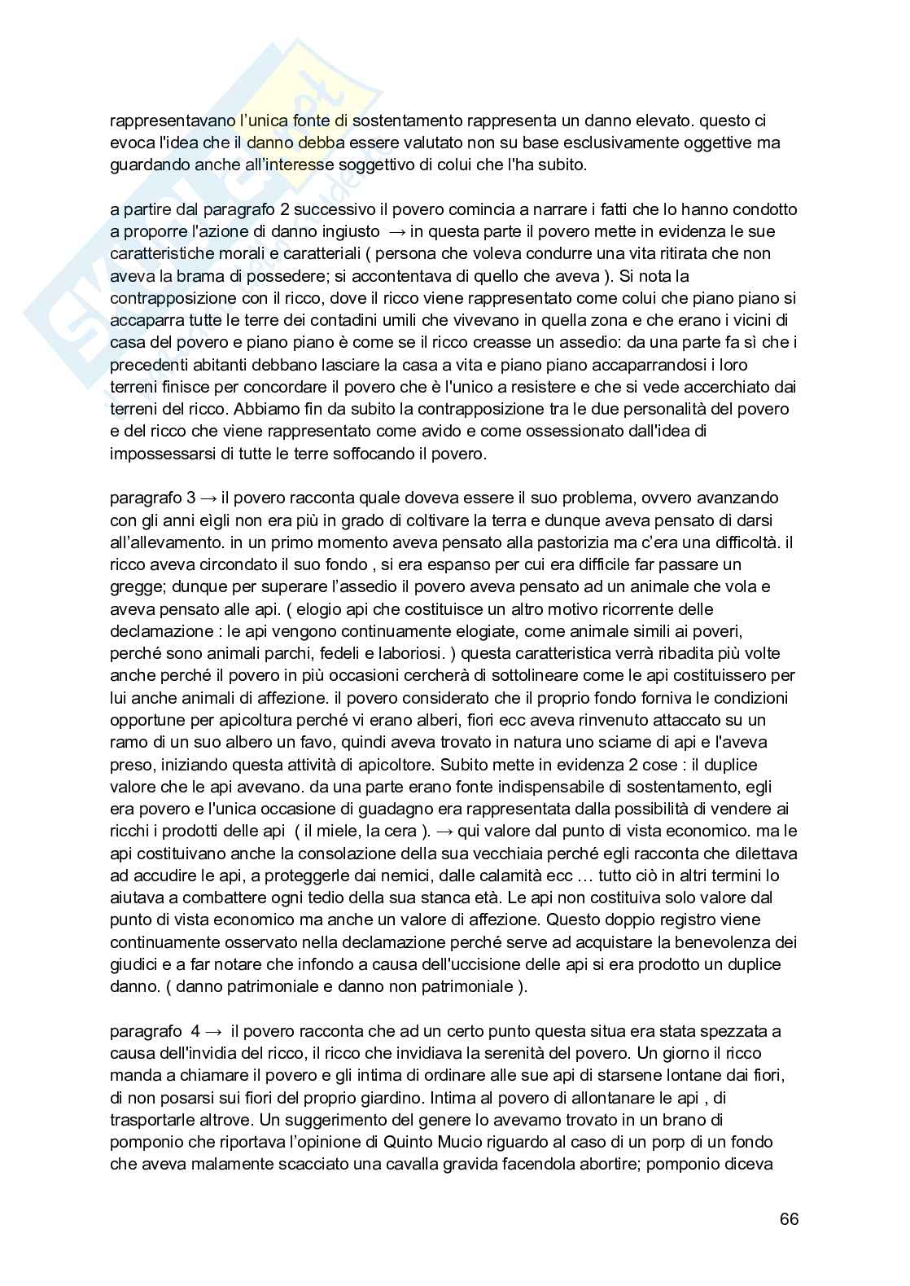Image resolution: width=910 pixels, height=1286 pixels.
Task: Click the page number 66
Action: [x=789, y=1219]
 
